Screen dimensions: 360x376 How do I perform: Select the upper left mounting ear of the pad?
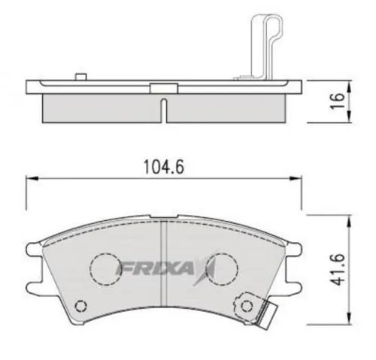pos(32,247)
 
